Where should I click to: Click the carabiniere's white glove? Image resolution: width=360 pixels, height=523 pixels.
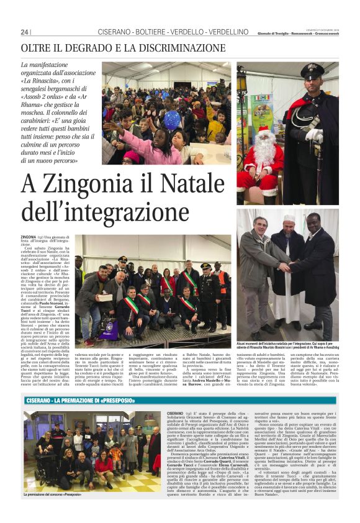pyautogui.click(x=314, y=135)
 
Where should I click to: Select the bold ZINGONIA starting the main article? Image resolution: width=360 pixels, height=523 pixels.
pyautogui.click(x=28, y=237)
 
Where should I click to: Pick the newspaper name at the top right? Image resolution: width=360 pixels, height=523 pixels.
pyautogui.click(x=300, y=34)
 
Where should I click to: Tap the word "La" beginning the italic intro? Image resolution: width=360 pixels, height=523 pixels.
pyautogui.click(x=25, y=65)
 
